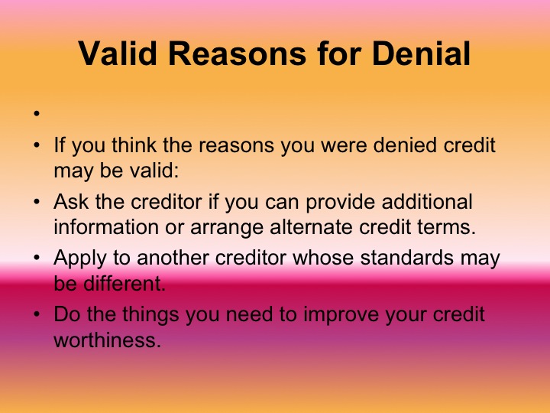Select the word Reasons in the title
click(x=264, y=54)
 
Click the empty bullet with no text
click(x=36, y=116)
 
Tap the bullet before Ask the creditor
click(x=36, y=203)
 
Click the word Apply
click(x=78, y=259)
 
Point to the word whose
click(x=311, y=259)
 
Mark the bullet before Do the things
click(x=36, y=315)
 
